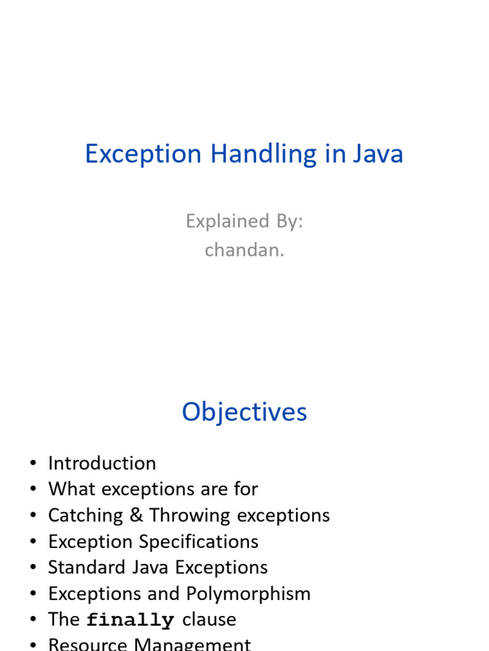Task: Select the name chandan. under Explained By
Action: click(244, 250)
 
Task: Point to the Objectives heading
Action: click(244, 412)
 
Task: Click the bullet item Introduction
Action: click(102, 463)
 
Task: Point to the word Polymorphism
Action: click(248, 594)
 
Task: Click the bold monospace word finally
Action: click(130, 620)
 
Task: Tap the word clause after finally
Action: click(209, 620)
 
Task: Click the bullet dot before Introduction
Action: click(33, 463)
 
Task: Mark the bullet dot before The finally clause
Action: click(33, 620)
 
